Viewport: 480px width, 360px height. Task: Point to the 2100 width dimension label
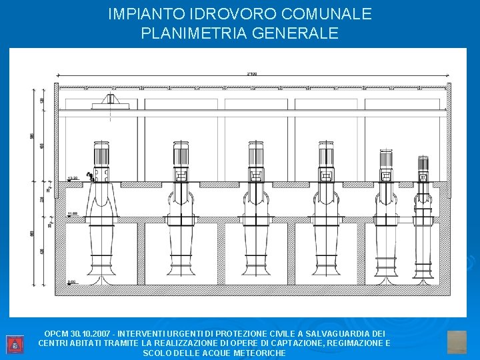coord(252,74)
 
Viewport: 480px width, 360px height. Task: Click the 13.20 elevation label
coord(73,178)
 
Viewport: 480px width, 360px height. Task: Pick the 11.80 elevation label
coord(73,213)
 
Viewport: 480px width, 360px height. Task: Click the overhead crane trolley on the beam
coord(109,101)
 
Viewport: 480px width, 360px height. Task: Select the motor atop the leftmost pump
coord(101,155)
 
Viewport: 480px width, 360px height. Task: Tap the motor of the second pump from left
coord(181,155)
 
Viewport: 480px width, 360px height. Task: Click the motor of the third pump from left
coord(255,155)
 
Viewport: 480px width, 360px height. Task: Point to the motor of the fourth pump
coord(326,155)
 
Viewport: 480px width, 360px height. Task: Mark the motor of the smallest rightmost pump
coord(423,165)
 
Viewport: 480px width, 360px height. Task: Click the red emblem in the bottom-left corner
coord(14,345)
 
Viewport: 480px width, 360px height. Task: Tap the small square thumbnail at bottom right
coord(457,342)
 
